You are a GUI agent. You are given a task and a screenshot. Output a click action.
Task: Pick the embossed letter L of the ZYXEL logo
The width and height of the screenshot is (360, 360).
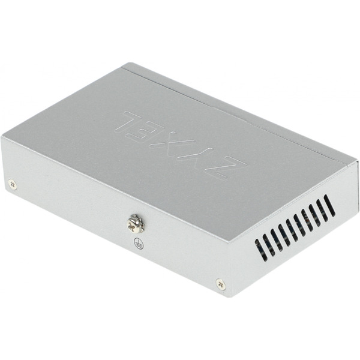pyautogui.click(x=133, y=118)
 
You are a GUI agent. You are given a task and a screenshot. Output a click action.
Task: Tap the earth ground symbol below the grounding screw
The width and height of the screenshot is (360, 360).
pyautogui.click(x=138, y=243)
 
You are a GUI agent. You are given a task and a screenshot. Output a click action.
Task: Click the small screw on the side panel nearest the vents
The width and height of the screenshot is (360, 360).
pyautogui.click(x=221, y=283)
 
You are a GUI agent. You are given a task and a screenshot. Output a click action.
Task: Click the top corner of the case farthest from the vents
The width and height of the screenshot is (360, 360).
pyautogui.click(x=125, y=64)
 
